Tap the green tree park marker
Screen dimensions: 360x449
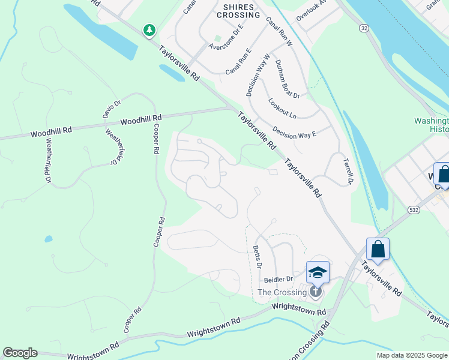coord(149,29)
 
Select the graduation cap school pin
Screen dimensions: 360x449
coord(318,273)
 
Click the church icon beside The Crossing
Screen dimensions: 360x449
coord(316,292)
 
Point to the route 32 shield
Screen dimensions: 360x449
coord(364,28)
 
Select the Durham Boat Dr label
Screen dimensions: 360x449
coord(287,79)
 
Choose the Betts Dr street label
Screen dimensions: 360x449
coord(258,256)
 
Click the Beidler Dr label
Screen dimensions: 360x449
coord(279,279)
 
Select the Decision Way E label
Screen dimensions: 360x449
coord(294,131)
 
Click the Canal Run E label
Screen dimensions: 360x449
coord(238,63)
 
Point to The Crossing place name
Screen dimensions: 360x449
coord(282,292)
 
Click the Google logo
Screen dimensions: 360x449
coord(20,353)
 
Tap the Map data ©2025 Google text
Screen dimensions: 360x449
coord(412,355)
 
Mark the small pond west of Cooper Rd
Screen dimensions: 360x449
coord(48,239)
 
